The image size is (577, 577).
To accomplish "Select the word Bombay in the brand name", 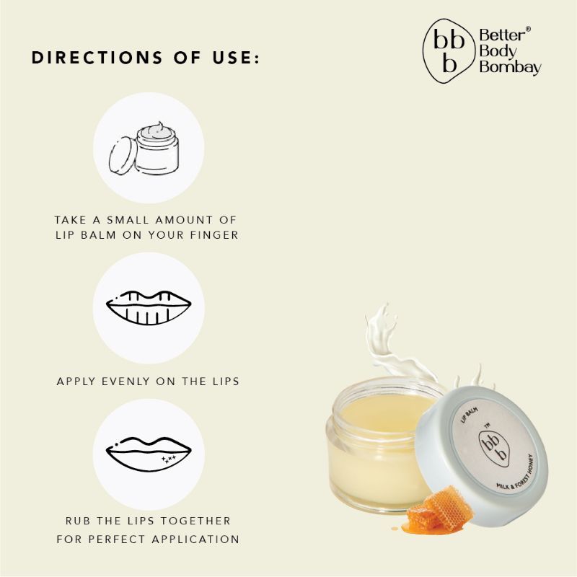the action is coord(511,67).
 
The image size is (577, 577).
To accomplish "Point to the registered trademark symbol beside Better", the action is coord(527,29).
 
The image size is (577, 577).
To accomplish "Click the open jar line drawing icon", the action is coord(144,149).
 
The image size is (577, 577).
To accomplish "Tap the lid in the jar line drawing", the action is coord(121,156).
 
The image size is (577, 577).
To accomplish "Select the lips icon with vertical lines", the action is coord(149,308).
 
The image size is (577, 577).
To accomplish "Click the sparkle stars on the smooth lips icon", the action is coord(169,459).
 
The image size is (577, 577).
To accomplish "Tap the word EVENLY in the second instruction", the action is coord(125,382).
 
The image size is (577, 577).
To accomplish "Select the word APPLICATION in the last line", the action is coord(195,539).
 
